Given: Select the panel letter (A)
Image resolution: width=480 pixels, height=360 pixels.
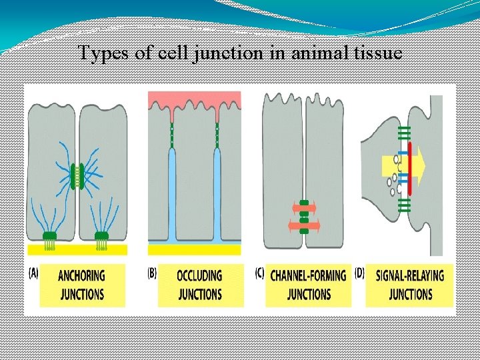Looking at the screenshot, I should click(x=33, y=272).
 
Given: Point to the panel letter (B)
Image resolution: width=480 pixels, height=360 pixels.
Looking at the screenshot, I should click(x=152, y=272).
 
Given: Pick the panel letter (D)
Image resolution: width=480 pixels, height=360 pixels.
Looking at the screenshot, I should click(x=359, y=272).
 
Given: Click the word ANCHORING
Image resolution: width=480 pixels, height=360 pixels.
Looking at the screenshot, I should click(x=81, y=276).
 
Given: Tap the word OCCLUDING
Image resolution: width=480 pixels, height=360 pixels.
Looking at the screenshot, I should click(x=199, y=276).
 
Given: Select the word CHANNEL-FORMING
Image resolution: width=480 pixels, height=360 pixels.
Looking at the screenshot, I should click(x=308, y=276).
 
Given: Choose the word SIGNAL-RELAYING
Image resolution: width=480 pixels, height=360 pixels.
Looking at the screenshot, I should click(x=410, y=276).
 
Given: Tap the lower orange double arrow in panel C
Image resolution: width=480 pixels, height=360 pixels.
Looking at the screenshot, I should click(x=304, y=225).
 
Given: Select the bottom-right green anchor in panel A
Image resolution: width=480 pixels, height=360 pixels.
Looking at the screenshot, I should click(x=101, y=236).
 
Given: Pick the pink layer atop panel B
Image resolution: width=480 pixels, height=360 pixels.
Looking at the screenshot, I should click(x=194, y=99).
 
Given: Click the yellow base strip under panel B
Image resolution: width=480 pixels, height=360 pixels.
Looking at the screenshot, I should click(x=194, y=249).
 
